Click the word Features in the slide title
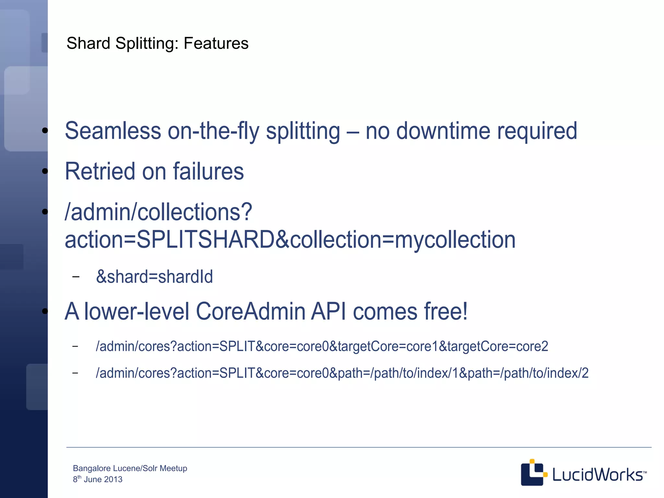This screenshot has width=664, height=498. (x=216, y=43)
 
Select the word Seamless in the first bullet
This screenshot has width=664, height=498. (x=113, y=131)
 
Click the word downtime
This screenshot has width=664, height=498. (x=443, y=131)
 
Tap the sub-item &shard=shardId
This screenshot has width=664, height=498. (x=154, y=277)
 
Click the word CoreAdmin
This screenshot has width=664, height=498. (x=250, y=311)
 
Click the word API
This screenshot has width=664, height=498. (x=328, y=311)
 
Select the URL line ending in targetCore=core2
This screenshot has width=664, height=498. (x=322, y=346)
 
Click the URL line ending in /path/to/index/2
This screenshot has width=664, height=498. (x=342, y=373)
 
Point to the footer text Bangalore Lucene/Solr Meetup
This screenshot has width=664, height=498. (x=130, y=468)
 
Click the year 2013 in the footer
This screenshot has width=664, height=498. (x=113, y=480)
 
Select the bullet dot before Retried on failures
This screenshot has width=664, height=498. (x=45, y=171)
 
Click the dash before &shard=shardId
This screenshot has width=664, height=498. (x=76, y=277)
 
